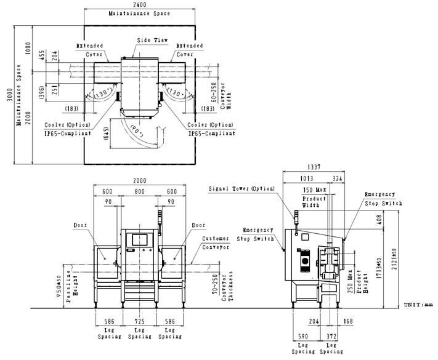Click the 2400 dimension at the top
click(x=131, y=4)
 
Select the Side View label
click(x=148, y=40)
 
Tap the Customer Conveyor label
click(x=216, y=242)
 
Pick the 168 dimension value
click(x=349, y=321)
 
